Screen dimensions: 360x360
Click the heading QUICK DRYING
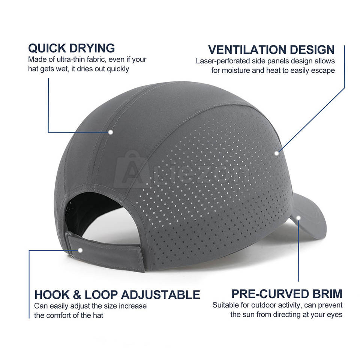point(71,48)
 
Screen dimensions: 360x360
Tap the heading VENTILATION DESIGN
point(271,49)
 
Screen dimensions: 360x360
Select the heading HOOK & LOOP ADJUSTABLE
point(117,294)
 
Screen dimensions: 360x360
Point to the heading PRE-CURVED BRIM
point(286,294)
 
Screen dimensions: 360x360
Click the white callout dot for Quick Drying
point(111,132)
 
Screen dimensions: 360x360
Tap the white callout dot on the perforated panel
point(277,153)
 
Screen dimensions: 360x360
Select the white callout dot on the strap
point(80,250)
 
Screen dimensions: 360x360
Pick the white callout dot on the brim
point(298,217)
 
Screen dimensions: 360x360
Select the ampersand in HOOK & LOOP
point(78,294)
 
